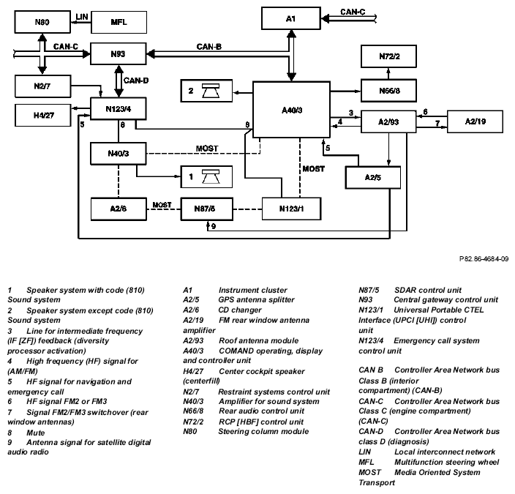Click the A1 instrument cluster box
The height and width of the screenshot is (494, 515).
(x=290, y=18)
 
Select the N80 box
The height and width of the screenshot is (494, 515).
(x=42, y=21)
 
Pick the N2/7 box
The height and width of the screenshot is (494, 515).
(x=42, y=87)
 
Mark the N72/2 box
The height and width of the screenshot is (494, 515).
(x=388, y=56)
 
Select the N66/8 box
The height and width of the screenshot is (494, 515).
(x=388, y=90)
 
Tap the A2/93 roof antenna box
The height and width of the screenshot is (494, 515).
(x=388, y=121)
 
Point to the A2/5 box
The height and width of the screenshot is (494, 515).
(x=375, y=176)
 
